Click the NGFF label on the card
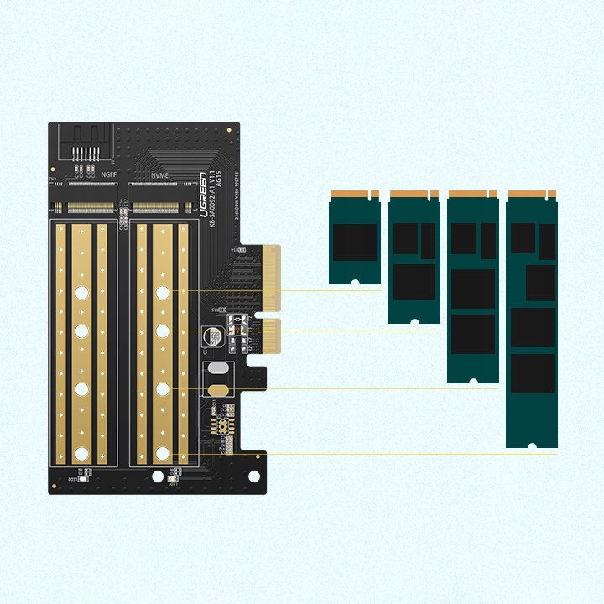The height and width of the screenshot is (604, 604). tap(109, 174)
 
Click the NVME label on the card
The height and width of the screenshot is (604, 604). tap(159, 174)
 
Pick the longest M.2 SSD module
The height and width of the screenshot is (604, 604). tap(532, 319)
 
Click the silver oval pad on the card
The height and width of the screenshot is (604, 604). tap(217, 369)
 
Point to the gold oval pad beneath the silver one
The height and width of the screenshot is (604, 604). tap(217, 389)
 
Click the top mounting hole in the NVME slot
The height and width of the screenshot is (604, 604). tap(163, 292)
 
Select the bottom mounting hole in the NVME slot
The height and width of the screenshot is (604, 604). tap(163, 454)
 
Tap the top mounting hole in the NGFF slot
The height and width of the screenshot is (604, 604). tap(81, 292)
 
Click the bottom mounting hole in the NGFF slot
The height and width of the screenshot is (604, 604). tap(81, 454)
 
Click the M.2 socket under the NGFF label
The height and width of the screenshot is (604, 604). tap(87, 205)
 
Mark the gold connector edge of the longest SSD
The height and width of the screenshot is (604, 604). tap(532, 195)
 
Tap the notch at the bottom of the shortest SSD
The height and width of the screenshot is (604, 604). tap(354, 282)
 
